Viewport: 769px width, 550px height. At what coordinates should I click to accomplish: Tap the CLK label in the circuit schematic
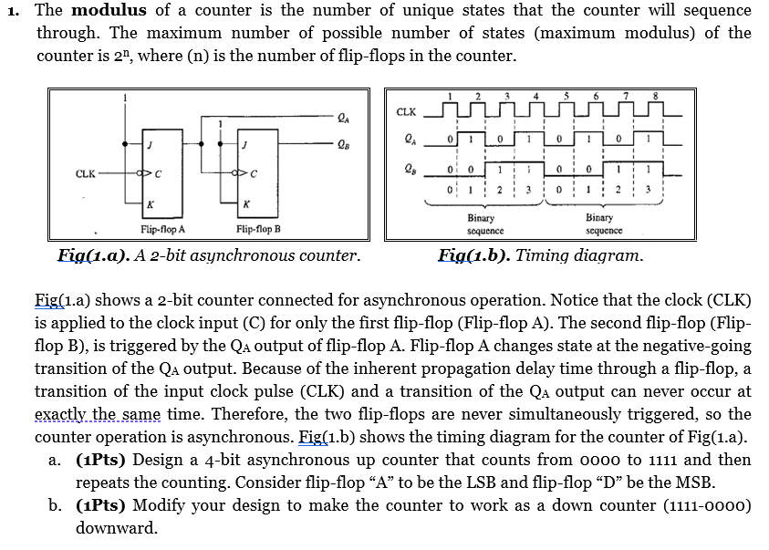pyautogui.click(x=88, y=171)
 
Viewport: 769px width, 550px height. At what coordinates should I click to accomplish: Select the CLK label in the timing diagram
pyautogui.click(x=406, y=112)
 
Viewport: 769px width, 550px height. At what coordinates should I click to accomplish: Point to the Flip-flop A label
pyautogui.click(x=163, y=230)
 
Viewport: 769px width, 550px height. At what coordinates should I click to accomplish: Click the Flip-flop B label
pyautogui.click(x=258, y=230)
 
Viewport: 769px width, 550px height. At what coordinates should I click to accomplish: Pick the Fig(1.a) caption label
pyautogui.click(x=93, y=255)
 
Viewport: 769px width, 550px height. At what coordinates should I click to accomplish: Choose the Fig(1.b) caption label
pyautogui.click(x=473, y=255)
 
